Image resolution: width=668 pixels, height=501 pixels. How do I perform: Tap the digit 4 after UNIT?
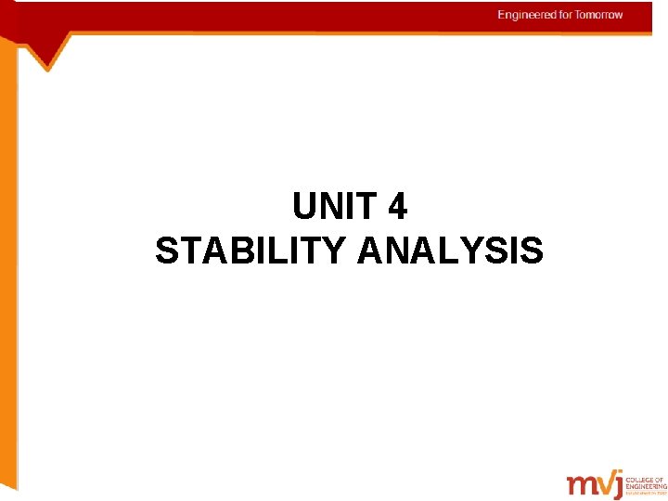[x=398, y=207]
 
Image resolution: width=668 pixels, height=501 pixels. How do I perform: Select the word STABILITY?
[x=250, y=250]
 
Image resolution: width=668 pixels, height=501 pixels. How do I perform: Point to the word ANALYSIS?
[x=450, y=250]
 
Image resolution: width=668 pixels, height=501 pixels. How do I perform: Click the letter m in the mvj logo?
[x=581, y=485]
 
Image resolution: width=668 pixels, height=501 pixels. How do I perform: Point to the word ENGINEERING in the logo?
[x=646, y=487]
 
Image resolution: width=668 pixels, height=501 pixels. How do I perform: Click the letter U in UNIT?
[x=304, y=207]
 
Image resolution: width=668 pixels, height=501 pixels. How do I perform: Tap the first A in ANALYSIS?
[x=369, y=250]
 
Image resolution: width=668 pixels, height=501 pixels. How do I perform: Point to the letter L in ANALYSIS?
[x=446, y=250]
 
